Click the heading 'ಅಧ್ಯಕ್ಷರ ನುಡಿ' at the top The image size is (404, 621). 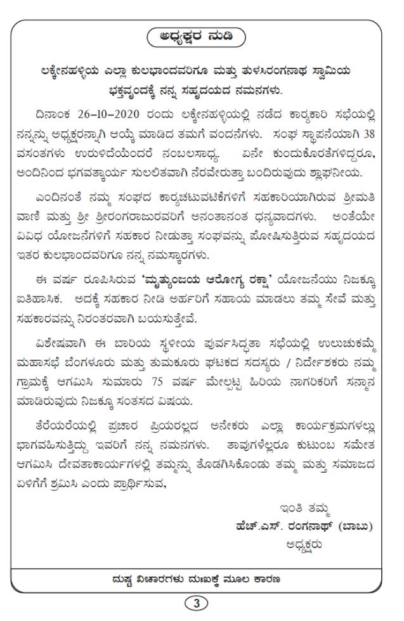point(197,37)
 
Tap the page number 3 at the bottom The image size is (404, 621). point(197,603)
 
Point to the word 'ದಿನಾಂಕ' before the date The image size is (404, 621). point(55,115)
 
